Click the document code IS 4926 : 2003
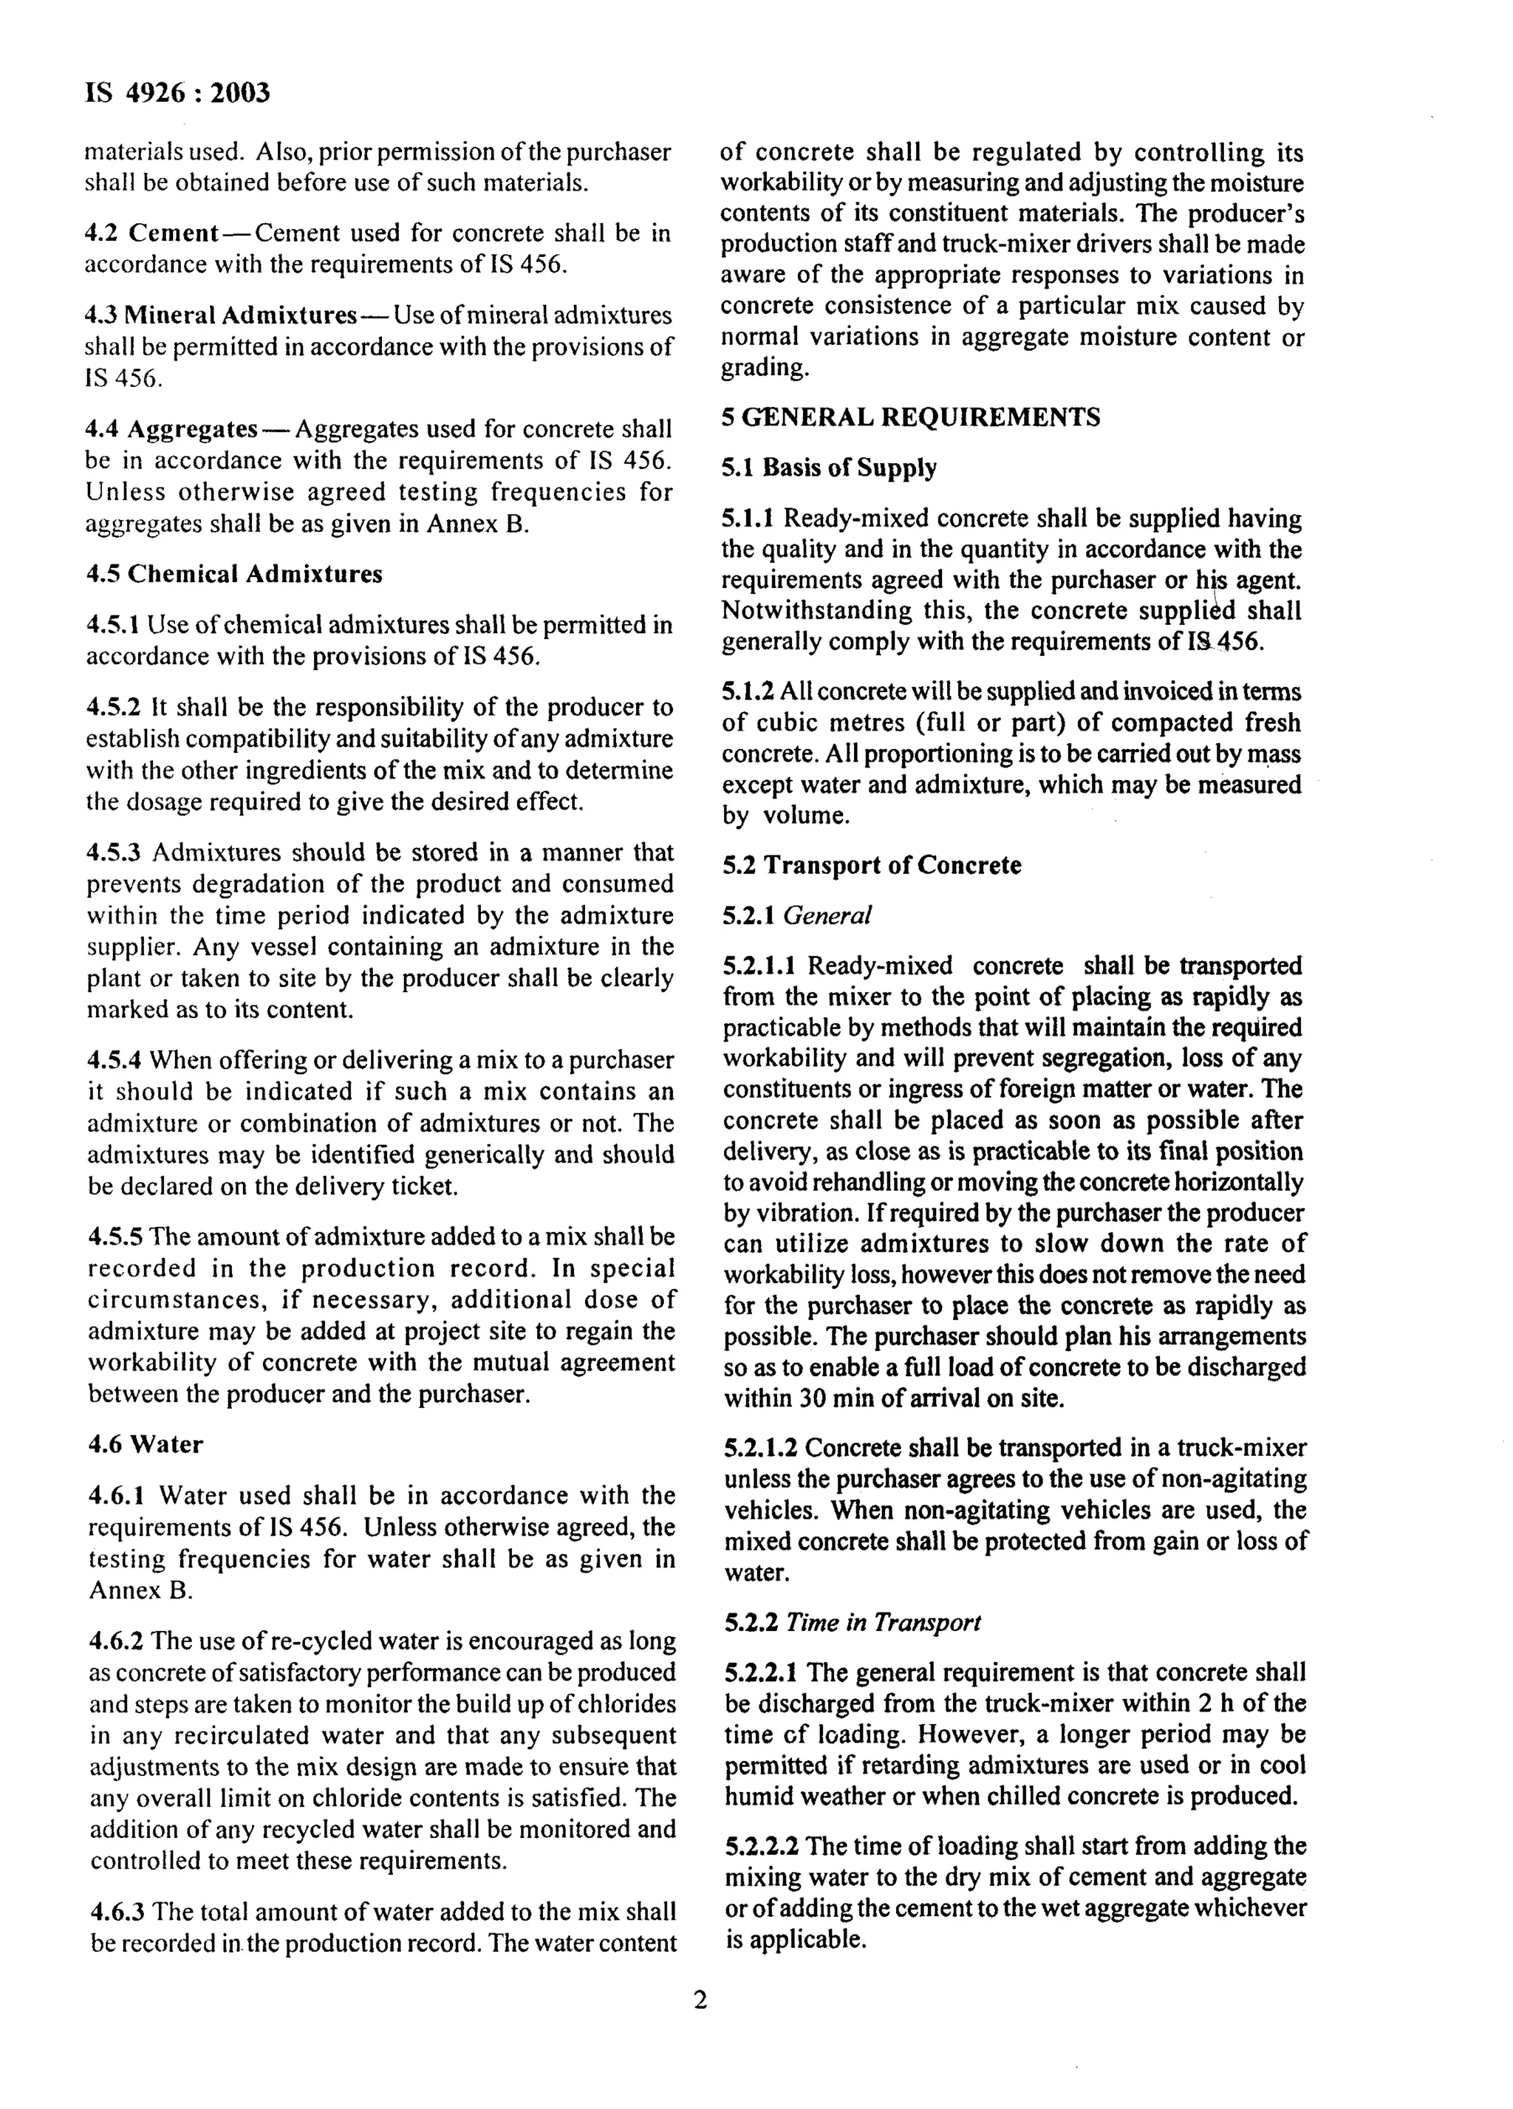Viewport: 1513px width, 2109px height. coord(177,93)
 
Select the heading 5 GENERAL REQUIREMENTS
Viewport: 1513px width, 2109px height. coord(910,417)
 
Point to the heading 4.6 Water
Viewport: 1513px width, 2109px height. coord(145,1444)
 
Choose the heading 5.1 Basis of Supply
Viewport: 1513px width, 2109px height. coord(829,467)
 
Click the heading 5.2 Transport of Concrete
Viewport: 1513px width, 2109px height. coord(871,865)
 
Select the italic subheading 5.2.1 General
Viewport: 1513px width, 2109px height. coord(797,915)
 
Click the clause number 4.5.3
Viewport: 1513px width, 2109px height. coord(115,852)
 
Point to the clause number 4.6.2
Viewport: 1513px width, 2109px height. coord(116,1641)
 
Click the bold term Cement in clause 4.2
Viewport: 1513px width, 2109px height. coord(174,233)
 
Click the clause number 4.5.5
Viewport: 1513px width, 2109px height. coord(116,1237)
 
